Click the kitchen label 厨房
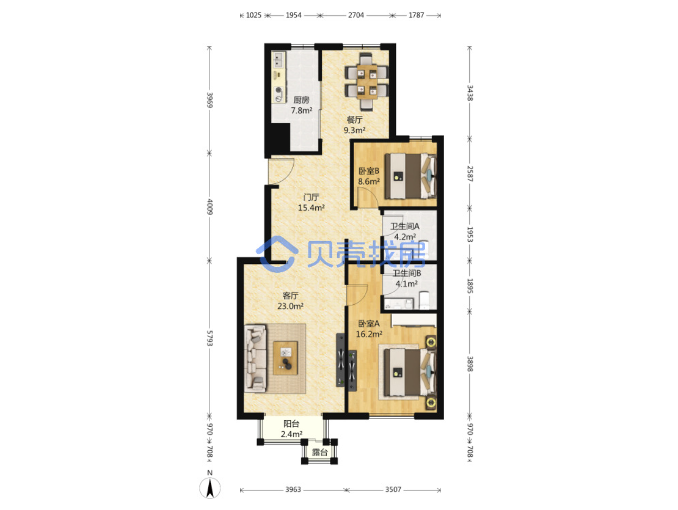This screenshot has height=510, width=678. coord(301,100)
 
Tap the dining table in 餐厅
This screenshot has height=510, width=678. coord(366,82)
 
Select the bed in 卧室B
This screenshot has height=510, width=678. coord(410,176)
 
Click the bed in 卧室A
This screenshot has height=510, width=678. coord(410,372)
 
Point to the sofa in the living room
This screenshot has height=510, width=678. coord(255,358)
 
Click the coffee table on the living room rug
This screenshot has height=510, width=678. coord(285,358)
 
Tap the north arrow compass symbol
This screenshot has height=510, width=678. coord(210,488)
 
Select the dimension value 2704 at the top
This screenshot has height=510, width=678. coord(356,15)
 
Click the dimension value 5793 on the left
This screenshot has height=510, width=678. coord(210,338)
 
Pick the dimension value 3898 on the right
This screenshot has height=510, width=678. coord(470,364)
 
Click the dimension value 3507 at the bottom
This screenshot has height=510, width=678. coord(393,489)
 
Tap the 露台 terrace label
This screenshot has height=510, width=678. coord(319,452)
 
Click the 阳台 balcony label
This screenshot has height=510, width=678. coord(291,423)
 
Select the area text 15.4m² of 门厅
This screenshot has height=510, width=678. coord(311,207)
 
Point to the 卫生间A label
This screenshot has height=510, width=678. coord(405,226)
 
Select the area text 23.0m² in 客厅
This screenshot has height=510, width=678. coord(290,306)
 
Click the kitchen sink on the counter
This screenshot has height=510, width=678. coord(63,60)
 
